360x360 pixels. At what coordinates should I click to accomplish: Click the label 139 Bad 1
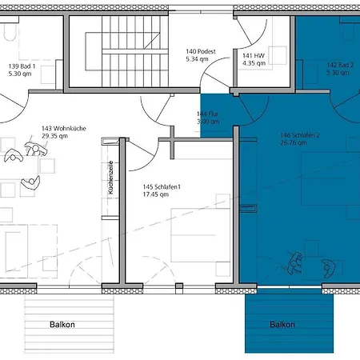(22, 66)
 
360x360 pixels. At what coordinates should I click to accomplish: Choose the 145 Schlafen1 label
(162, 187)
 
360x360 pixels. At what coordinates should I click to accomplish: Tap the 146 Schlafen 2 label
(299, 135)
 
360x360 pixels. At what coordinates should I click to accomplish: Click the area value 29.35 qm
(56, 136)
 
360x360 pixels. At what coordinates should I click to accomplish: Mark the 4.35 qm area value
(254, 62)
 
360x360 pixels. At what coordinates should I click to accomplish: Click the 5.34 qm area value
(198, 59)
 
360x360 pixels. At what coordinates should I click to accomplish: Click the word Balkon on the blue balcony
(282, 325)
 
